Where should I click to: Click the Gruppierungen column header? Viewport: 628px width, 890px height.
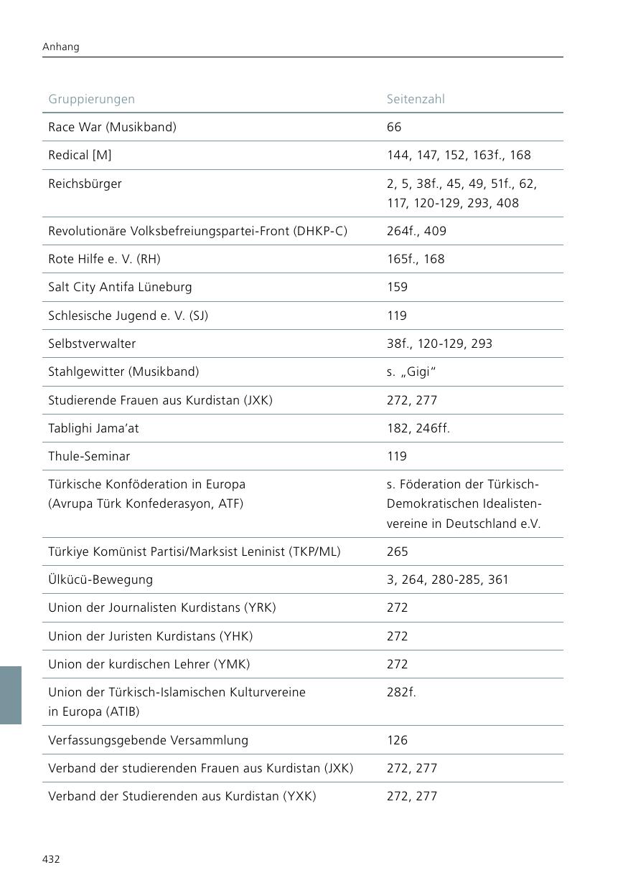(x=91, y=99)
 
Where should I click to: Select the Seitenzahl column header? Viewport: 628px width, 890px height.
(x=416, y=99)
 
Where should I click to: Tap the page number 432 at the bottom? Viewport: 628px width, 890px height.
(x=51, y=859)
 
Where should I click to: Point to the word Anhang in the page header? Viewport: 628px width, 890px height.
(x=61, y=47)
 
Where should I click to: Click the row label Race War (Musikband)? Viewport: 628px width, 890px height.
(x=112, y=127)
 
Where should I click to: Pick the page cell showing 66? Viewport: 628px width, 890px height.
(x=394, y=127)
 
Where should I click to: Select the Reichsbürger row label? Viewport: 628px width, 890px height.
(x=85, y=184)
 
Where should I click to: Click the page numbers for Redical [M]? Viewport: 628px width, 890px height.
(x=459, y=155)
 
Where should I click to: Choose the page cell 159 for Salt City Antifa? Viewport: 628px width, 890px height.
(x=397, y=287)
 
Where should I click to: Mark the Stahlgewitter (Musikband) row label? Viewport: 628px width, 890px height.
(x=123, y=371)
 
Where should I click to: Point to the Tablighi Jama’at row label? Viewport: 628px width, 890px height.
(x=93, y=428)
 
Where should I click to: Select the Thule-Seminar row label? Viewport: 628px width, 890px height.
(x=89, y=456)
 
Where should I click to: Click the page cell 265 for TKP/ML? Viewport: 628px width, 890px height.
(x=397, y=551)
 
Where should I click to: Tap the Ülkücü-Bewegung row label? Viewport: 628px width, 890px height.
(x=100, y=579)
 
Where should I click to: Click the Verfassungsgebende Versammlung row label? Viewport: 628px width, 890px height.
(x=148, y=740)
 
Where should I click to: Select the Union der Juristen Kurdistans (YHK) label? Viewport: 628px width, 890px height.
(x=150, y=636)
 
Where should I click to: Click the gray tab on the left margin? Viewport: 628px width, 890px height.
(x=11, y=695)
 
